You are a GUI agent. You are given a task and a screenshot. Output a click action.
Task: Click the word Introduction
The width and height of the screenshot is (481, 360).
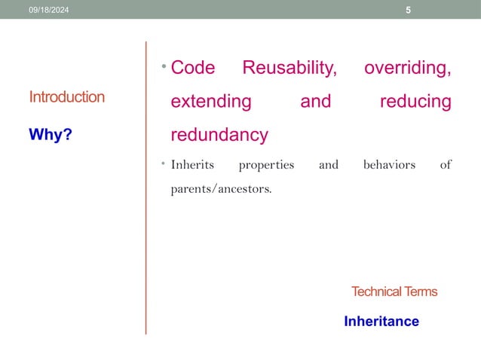(x=66, y=96)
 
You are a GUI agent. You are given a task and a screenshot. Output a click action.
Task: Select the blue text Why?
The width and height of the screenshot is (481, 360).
(x=55, y=135)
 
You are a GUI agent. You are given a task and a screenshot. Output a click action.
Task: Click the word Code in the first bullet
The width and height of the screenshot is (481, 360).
(x=193, y=68)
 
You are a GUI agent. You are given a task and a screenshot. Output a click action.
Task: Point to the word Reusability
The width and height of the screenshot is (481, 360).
(x=289, y=68)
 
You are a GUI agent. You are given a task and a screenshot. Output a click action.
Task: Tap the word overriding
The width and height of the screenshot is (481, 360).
(x=407, y=68)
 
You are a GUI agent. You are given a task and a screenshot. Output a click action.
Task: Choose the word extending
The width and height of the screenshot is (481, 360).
(x=211, y=101)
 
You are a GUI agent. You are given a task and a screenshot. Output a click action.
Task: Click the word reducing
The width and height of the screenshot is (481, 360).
(x=415, y=101)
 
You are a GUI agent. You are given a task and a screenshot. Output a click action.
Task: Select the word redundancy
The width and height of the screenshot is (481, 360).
(x=219, y=135)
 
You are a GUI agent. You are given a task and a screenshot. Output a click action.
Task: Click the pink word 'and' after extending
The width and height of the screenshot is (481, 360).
(x=315, y=101)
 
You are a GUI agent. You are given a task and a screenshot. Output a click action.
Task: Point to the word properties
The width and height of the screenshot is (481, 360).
(x=266, y=165)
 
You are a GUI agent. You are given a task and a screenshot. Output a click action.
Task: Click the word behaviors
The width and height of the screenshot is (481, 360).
(x=389, y=164)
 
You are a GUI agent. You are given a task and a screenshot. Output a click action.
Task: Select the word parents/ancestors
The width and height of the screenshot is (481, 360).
(x=221, y=188)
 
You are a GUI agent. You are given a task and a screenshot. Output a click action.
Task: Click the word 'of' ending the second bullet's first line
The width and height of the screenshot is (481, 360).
(x=445, y=164)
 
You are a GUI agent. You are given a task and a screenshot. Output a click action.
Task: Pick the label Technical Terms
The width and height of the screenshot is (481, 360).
(x=394, y=291)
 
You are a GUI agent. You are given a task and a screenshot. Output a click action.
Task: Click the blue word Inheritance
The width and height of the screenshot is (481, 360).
(x=381, y=322)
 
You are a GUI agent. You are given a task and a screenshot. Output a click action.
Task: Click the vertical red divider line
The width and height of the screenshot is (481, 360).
(x=146, y=188)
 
